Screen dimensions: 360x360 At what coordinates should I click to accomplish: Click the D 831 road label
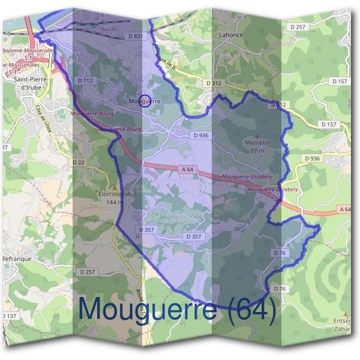tap(136, 37)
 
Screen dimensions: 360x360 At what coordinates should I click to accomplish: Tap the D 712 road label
tap(85, 80)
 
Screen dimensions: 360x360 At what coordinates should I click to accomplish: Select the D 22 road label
tap(79, 162)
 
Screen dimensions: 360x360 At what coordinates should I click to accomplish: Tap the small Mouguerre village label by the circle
tap(145, 101)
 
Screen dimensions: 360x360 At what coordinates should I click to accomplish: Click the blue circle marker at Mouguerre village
tap(144, 100)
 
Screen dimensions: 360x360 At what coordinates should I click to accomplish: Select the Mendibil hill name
tap(257, 143)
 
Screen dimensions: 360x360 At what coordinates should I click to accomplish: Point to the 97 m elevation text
tap(257, 151)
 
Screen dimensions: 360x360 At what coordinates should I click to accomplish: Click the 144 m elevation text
tap(113, 202)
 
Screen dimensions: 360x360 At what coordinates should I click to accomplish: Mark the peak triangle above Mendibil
tap(258, 136)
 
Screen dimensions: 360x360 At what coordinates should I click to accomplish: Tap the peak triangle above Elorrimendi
tap(114, 187)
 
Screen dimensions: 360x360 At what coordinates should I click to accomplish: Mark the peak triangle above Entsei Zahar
tap(346, 314)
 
